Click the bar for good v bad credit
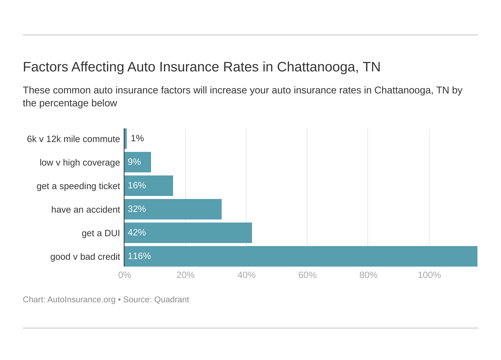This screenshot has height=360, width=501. click(x=301, y=256)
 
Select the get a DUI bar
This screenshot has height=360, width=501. click(x=188, y=233)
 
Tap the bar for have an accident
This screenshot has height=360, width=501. click(x=173, y=209)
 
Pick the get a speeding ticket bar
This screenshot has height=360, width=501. click(x=149, y=186)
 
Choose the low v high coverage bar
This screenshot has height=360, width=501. click(x=138, y=162)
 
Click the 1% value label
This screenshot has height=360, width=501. click(x=137, y=139)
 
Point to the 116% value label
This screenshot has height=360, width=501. click(x=139, y=256)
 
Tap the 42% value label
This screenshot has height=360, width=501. click(x=137, y=232)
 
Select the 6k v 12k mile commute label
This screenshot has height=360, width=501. click(x=73, y=139)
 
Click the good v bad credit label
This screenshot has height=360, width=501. click(x=85, y=257)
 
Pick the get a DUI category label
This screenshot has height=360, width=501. click(x=101, y=233)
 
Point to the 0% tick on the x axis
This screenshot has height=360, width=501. click(x=124, y=275)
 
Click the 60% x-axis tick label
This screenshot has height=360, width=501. click(x=307, y=275)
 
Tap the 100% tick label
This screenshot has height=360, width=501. click(x=429, y=275)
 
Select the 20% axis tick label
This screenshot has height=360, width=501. click(x=186, y=275)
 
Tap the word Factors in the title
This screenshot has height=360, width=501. click(x=45, y=67)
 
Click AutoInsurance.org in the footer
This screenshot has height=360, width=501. click(x=81, y=300)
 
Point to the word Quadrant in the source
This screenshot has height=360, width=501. click(x=172, y=300)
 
